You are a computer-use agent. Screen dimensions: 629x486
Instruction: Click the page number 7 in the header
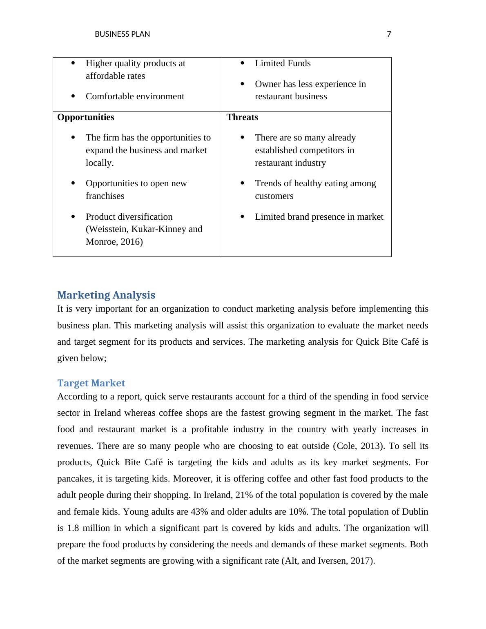click(389, 34)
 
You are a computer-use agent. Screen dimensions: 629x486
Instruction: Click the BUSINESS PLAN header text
click(122, 34)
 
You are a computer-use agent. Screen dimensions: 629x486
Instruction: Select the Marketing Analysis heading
click(106, 295)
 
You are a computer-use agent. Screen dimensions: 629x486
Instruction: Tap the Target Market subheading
click(91, 383)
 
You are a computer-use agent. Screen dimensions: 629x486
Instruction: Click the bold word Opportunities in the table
click(86, 117)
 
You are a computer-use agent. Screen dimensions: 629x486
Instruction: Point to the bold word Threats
click(242, 117)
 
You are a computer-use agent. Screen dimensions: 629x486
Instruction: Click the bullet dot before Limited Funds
click(243, 63)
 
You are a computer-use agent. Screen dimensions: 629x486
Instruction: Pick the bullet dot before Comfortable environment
click(73, 96)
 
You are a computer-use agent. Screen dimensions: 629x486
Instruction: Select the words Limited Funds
click(283, 63)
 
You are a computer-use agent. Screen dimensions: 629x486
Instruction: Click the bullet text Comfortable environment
click(135, 96)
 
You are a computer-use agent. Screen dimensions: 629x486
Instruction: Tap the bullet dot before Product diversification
click(73, 216)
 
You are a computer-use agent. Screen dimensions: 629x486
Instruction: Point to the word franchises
click(105, 196)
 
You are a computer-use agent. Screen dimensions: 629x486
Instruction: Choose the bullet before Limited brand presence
click(243, 216)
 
